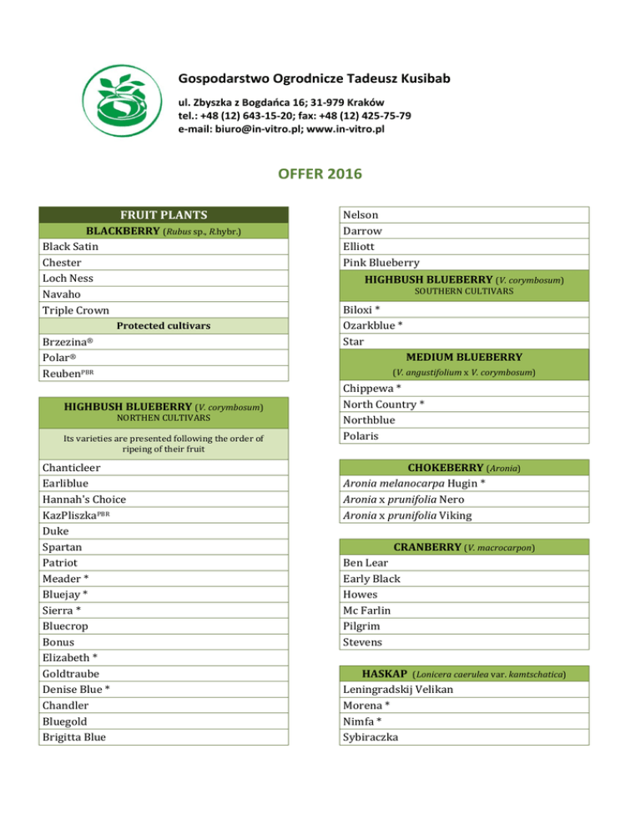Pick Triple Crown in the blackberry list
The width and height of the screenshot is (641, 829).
coord(75,309)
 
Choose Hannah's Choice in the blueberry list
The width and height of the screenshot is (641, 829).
coord(83,499)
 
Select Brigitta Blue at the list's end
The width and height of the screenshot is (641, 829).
coord(78,736)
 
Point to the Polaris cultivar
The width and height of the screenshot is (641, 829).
coord(361,435)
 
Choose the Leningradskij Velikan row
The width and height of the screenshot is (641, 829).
coord(404,690)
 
